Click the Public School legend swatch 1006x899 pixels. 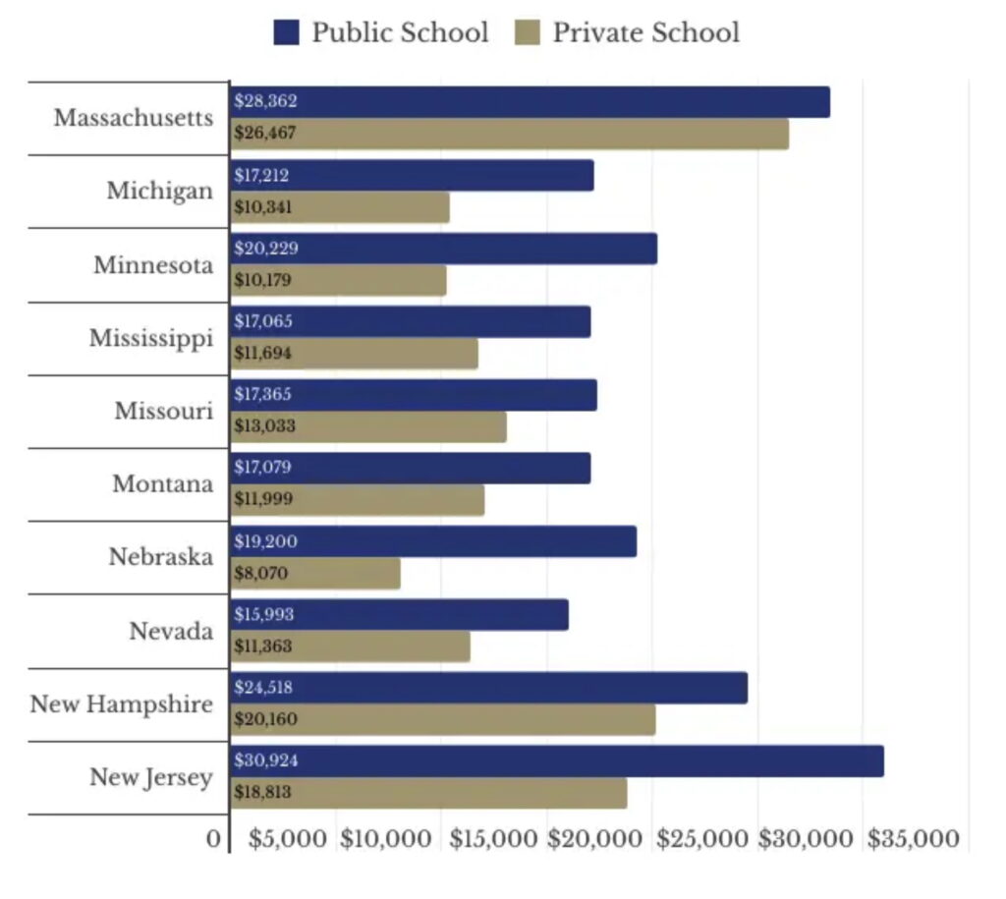coord(286,33)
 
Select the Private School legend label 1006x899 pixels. coord(645,32)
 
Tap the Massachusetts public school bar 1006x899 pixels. coord(531,102)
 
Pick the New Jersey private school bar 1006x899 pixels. coord(429,793)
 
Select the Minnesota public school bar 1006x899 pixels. coord(444,249)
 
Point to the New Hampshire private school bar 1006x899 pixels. coord(443,719)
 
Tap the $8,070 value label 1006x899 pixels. coord(261,573)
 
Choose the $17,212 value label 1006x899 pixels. coord(262,175)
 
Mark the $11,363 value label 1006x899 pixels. coord(264,646)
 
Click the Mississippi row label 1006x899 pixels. coord(150,339)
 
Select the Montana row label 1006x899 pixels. coord(162,484)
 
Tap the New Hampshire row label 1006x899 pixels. coord(121,704)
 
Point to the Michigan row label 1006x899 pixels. coord(159,191)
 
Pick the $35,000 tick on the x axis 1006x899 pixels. coord(913,839)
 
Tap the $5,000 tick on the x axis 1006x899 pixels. coord(287,839)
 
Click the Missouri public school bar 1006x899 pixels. coord(414,395)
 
